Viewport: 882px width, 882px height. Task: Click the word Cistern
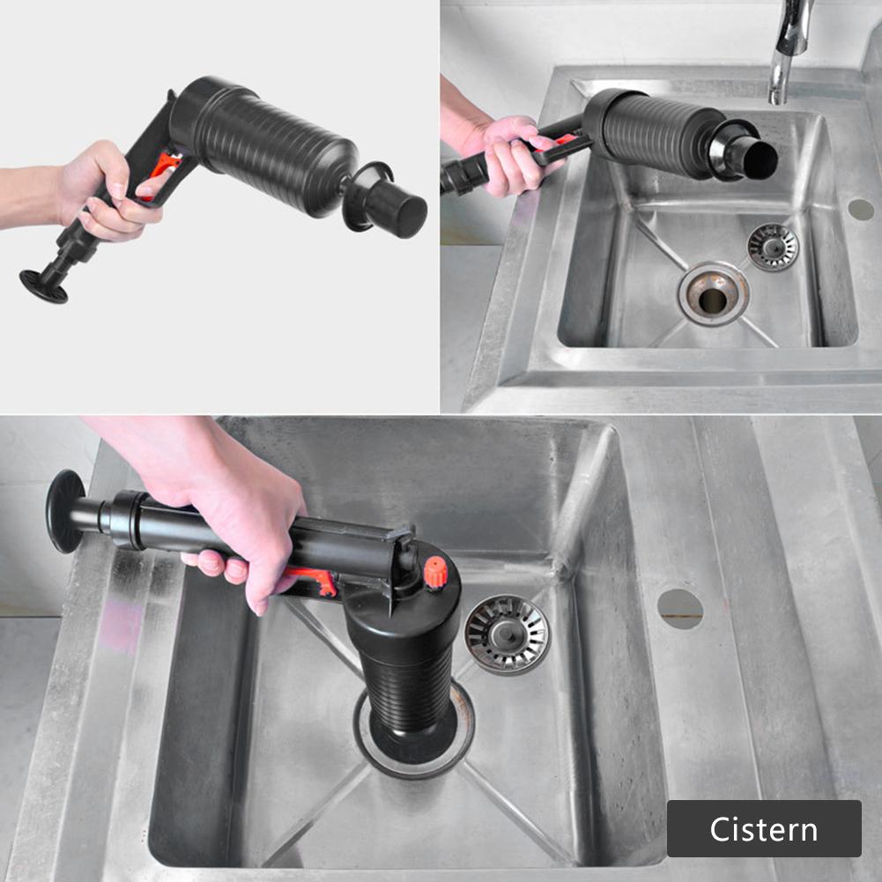[763, 829]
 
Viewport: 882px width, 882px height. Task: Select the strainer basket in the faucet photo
[773, 246]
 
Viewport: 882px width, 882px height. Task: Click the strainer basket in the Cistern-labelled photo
[507, 634]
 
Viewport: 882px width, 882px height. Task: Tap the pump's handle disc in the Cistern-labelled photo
[66, 511]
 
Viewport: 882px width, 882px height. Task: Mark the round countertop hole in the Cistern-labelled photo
[680, 608]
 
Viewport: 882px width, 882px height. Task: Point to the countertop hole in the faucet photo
[861, 210]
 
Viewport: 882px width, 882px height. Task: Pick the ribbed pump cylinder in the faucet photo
[656, 132]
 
